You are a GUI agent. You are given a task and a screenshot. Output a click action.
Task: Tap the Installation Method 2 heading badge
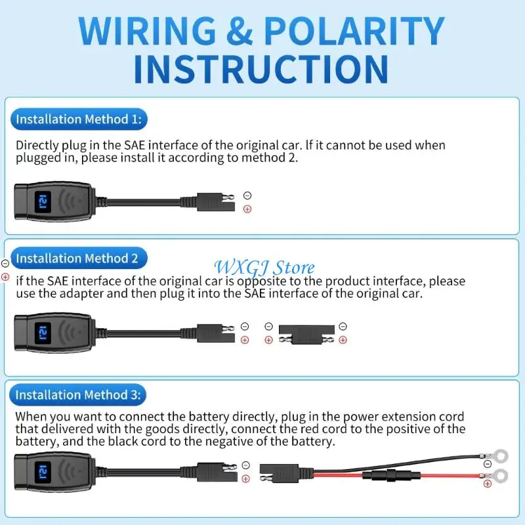click(x=77, y=259)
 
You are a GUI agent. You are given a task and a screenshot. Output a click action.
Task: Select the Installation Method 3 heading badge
click(x=77, y=395)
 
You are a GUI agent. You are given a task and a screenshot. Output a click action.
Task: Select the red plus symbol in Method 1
click(x=247, y=209)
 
